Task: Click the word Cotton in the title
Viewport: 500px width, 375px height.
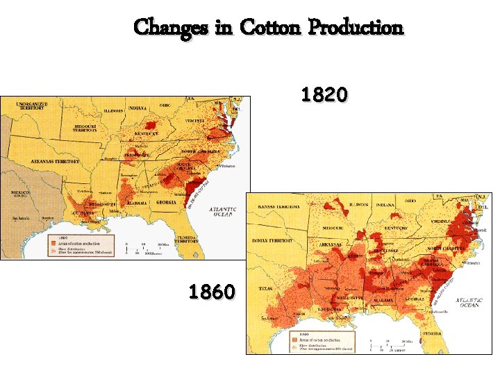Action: [270, 28]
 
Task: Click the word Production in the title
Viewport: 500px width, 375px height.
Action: [356, 28]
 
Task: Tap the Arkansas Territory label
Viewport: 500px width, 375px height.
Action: [56, 161]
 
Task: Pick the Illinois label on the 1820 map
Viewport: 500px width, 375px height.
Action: [115, 110]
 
